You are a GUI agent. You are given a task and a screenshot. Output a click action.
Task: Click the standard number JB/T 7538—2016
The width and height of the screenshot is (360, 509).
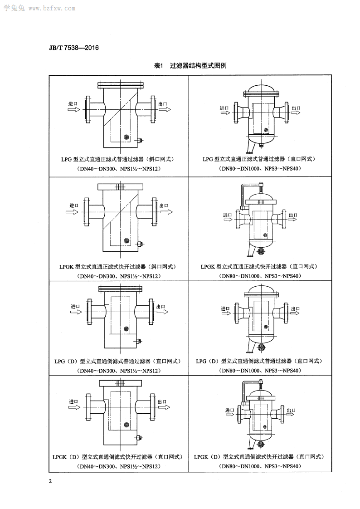[73, 48]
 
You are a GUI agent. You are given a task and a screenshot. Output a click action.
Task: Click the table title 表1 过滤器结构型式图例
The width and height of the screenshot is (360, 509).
[190, 66]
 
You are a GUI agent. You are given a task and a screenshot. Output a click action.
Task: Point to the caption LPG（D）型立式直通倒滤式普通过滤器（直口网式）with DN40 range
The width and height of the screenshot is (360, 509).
[118, 361]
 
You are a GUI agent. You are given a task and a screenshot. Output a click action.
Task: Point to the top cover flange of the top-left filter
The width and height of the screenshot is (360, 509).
[120, 85]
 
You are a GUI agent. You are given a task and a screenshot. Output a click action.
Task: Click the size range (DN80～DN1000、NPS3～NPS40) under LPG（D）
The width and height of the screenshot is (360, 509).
[260, 371]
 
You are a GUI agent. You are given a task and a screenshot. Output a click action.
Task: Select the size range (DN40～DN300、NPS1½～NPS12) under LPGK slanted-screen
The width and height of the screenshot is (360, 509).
[119, 276]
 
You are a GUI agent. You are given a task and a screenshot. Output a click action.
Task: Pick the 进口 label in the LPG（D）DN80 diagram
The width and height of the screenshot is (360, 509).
[225, 308]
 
